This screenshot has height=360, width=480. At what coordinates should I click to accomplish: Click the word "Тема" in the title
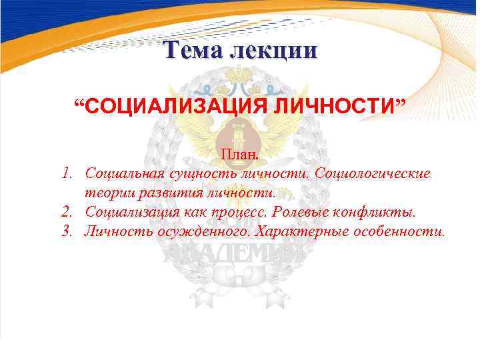click(195, 51)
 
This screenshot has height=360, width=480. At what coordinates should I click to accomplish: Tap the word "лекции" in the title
click(274, 51)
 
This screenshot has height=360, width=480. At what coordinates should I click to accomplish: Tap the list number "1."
click(67, 173)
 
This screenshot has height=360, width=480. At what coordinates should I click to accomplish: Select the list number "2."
click(67, 212)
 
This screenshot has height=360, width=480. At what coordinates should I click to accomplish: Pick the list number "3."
click(67, 231)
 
